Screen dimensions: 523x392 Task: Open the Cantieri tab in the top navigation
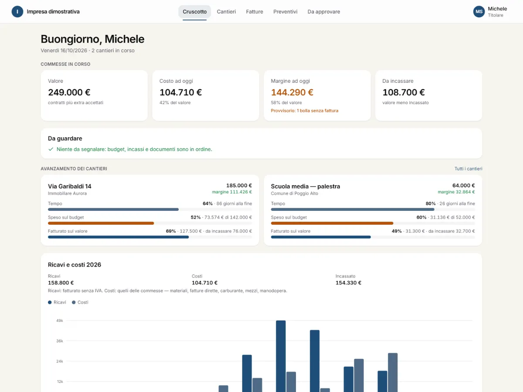(226, 12)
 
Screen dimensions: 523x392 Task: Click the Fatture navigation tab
(255, 12)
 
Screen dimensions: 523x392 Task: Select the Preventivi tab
(285, 12)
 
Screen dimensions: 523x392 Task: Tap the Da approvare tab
(323, 12)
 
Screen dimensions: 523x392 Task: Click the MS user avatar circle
(479, 12)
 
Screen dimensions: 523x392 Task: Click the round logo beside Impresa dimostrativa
(17, 12)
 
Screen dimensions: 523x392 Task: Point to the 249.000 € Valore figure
(69, 92)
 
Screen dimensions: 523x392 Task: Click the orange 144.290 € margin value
(292, 92)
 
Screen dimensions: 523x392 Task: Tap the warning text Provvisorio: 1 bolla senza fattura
(305, 111)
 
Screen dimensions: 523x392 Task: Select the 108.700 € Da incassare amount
(404, 92)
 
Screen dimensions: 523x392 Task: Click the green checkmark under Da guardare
(51, 149)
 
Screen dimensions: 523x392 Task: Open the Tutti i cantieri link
(468, 169)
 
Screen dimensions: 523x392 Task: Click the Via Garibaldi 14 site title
(70, 186)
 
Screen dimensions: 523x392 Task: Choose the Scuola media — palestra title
(306, 186)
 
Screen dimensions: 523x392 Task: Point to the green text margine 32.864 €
(456, 192)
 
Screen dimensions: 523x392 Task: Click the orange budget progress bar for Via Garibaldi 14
(101, 223)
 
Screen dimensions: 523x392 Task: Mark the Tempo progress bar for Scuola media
(353, 210)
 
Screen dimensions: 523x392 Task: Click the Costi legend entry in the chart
(80, 302)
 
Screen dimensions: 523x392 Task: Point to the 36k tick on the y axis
(60, 341)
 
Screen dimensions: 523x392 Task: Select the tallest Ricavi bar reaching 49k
(281, 356)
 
